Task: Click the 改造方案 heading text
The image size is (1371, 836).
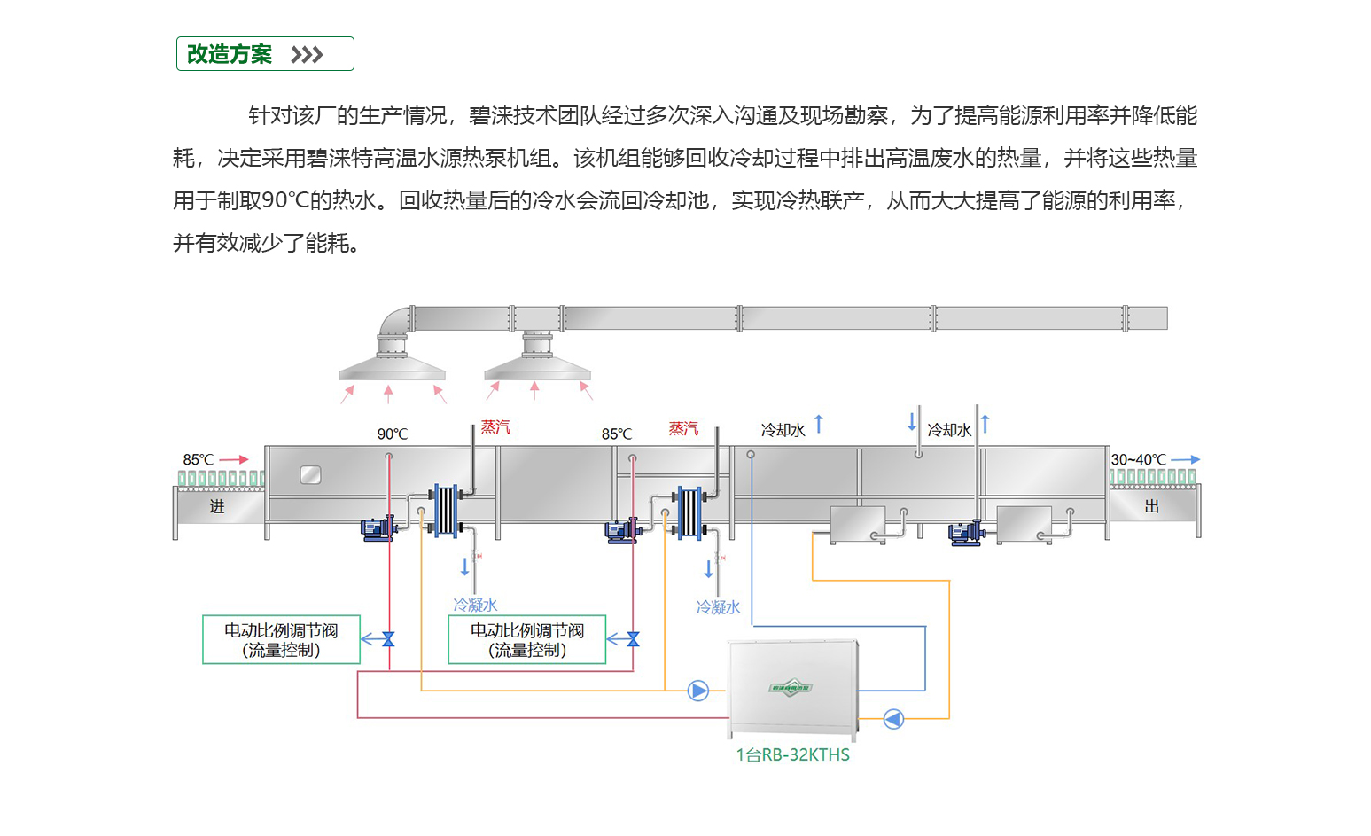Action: (230, 54)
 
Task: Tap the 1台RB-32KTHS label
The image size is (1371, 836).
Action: (792, 754)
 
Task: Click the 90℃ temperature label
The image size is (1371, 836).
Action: (393, 434)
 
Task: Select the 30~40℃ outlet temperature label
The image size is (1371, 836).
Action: (1139, 459)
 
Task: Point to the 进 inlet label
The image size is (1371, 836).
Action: (217, 506)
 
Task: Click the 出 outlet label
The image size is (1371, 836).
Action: (1151, 506)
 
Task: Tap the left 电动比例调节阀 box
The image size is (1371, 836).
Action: (281, 639)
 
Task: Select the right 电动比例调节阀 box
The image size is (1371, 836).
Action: (527, 639)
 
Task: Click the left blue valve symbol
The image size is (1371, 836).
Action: (388, 639)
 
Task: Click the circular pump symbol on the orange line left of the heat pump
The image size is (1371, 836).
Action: (698, 690)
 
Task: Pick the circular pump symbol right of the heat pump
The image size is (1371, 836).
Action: (893, 718)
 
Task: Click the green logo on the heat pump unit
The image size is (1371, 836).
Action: (790, 687)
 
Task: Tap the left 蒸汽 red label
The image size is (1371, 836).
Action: (495, 427)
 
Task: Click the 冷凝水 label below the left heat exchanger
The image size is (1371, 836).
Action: (475, 605)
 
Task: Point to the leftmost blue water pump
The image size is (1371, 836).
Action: (378, 529)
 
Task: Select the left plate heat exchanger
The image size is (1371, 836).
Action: (445, 510)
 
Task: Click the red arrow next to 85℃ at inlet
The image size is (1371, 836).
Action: (234, 459)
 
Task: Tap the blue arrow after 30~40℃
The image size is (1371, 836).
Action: (1185, 459)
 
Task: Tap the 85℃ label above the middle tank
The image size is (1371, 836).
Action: (617, 434)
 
